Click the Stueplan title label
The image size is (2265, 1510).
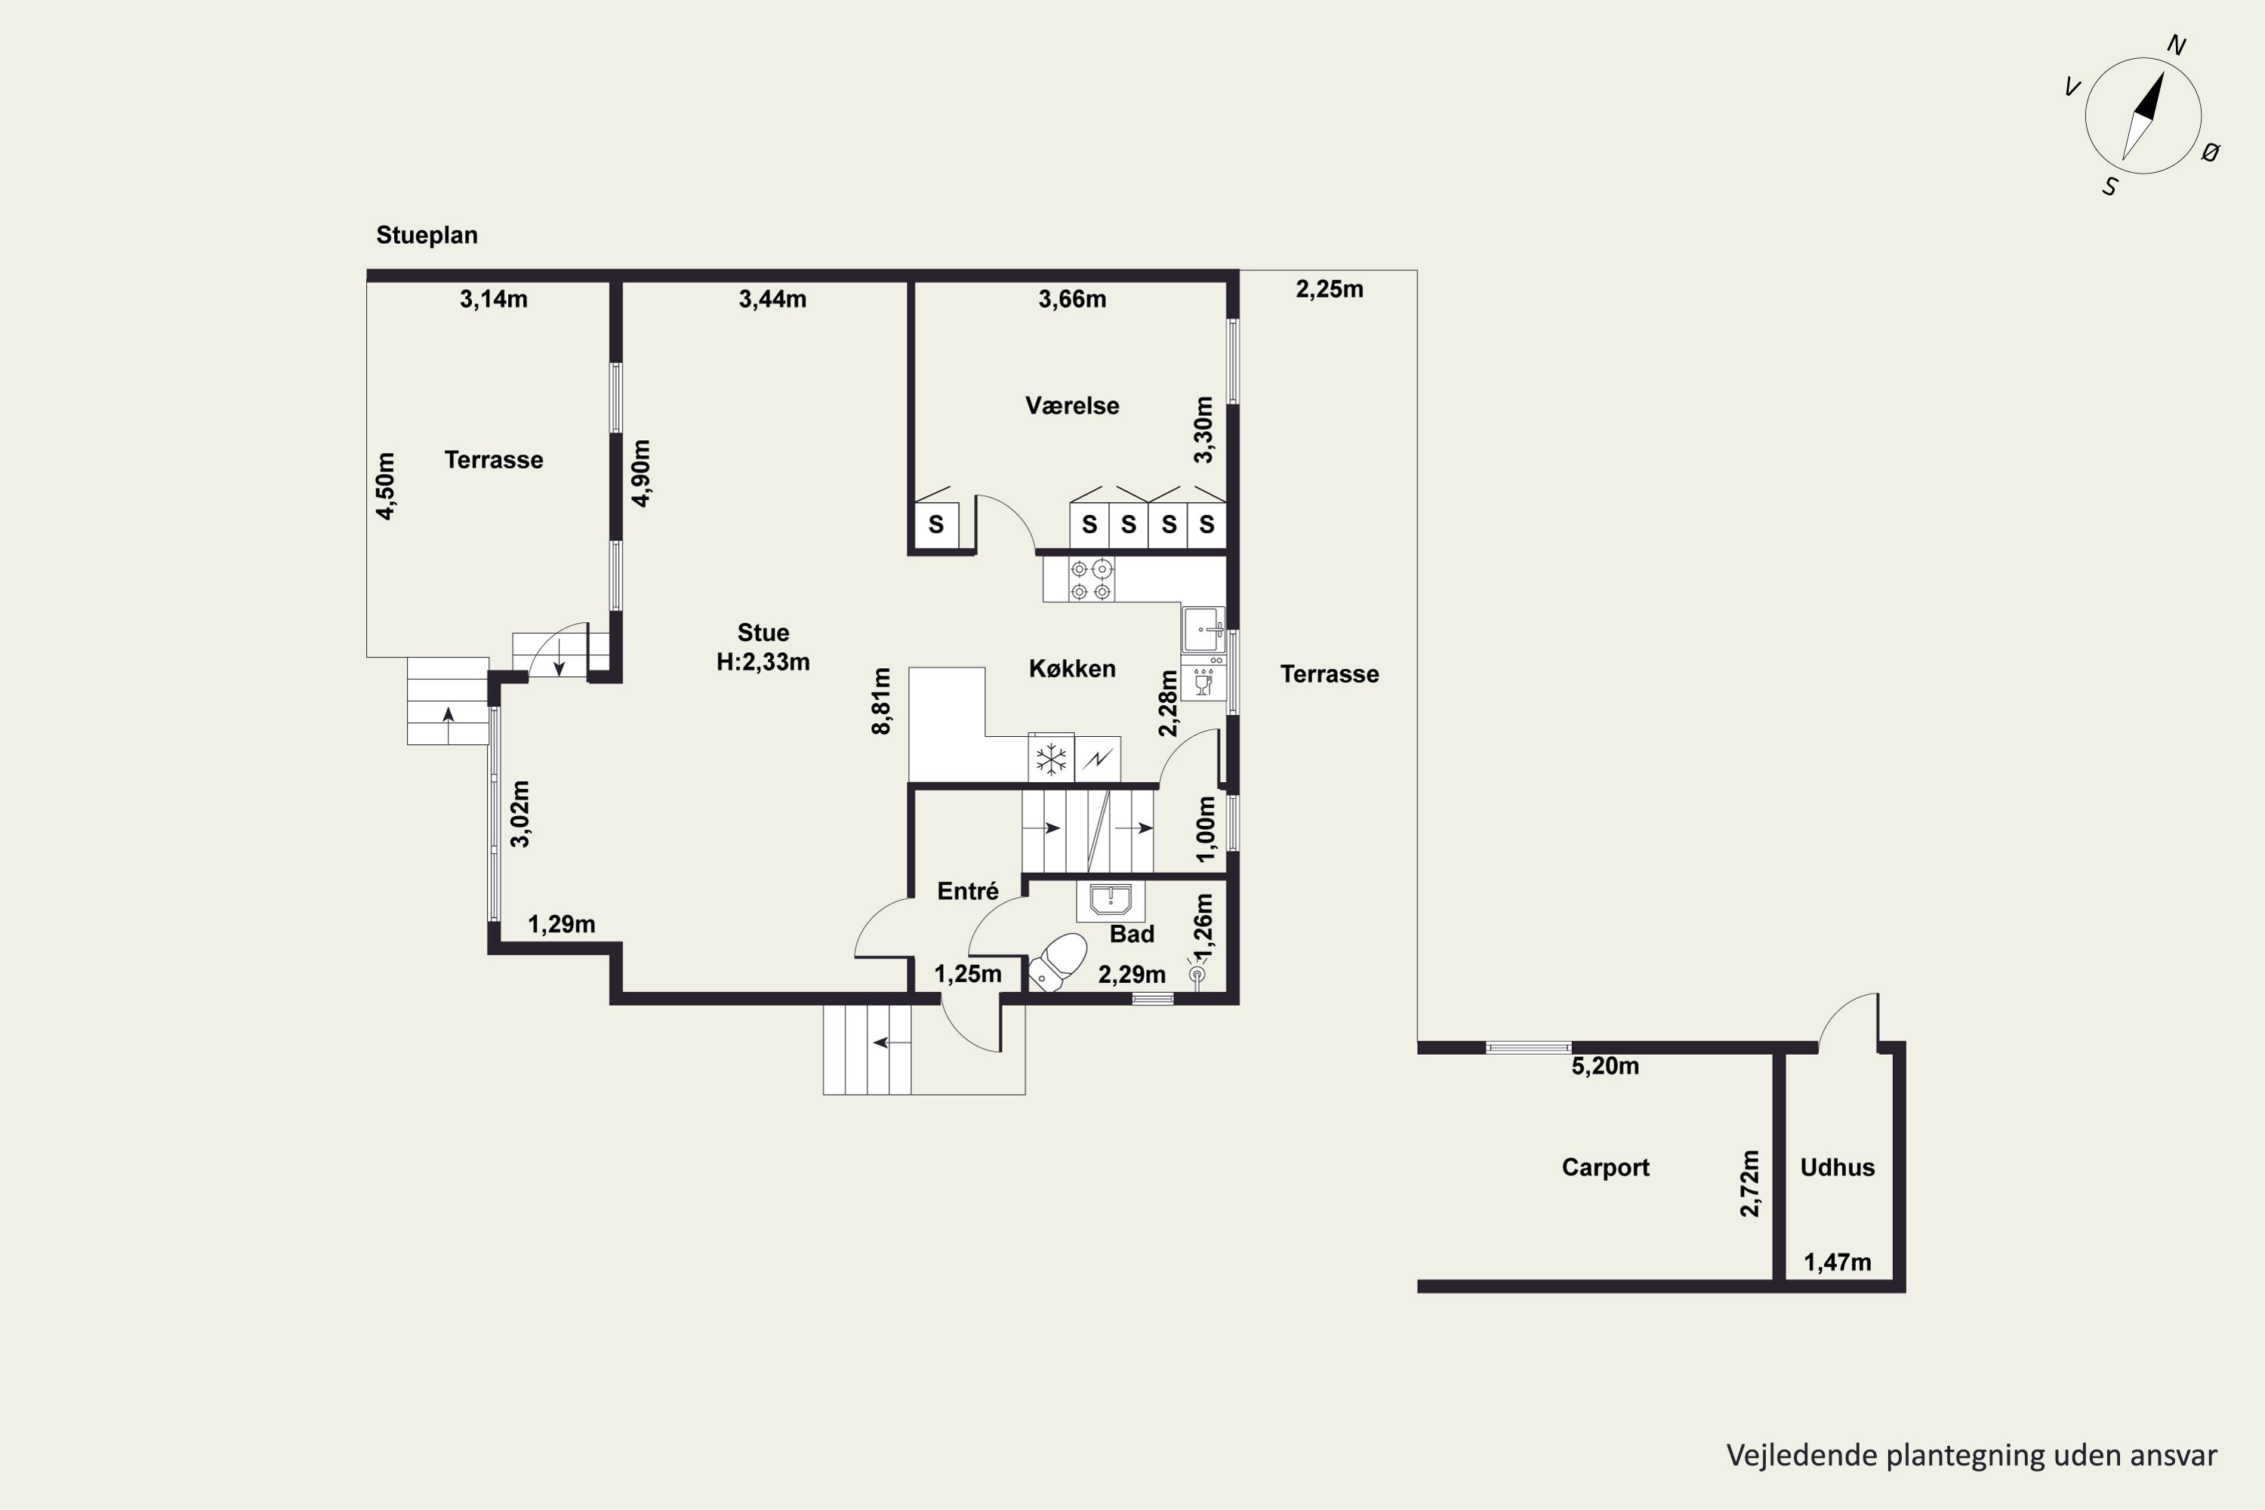tap(427, 236)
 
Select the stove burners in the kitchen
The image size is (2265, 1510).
tap(1091, 581)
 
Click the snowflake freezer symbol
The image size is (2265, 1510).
tap(1052, 759)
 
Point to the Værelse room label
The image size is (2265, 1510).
tap(1072, 405)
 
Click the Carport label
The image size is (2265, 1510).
tap(1605, 1167)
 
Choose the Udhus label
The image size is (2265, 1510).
tap(1838, 1167)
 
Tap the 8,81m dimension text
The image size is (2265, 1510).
tap(881, 701)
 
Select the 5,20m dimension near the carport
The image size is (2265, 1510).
tap(1605, 1066)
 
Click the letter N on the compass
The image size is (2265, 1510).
tap(2177, 45)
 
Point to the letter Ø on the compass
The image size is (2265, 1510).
tap(2211, 151)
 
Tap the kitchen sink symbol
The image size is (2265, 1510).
tap(1203, 630)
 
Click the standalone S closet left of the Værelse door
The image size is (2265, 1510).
tap(936, 525)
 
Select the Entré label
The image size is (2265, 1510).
tap(968, 892)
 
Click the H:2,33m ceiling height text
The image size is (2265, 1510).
tap(763, 663)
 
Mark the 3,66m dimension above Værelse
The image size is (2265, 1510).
tap(1072, 300)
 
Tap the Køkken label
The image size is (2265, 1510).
tap(1072, 668)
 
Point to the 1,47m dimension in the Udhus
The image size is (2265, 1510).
tap(1838, 1262)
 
